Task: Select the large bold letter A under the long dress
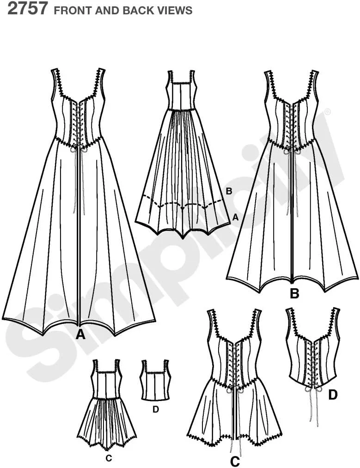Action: [79, 335]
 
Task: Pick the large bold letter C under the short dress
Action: [235, 462]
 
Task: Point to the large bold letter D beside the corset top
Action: [333, 395]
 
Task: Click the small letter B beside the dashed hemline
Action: [229, 191]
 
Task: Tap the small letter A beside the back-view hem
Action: [236, 218]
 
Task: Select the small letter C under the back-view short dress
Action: [109, 458]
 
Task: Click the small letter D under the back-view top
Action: [156, 409]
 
